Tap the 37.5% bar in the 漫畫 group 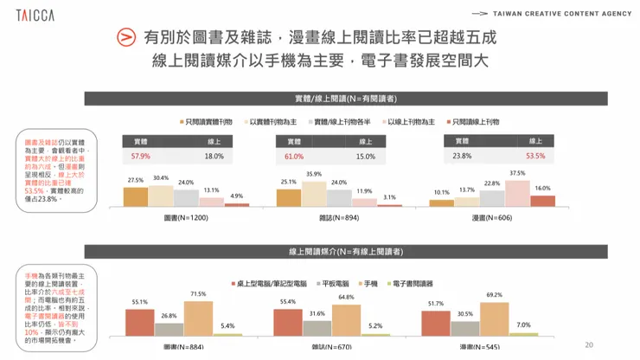tap(517, 193)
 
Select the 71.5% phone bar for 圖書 tap(198, 318)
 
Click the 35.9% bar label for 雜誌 tap(314, 174)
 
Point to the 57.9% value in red tap(141, 157)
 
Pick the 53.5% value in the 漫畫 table tap(535, 156)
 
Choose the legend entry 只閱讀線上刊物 tap(473, 122)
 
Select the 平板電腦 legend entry tap(333, 283)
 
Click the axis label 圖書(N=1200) tap(186, 218)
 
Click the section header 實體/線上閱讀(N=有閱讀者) tap(333, 99)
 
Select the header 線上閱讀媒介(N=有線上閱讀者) tap(333, 251)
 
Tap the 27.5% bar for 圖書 tap(136, 196)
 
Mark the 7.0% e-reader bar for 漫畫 tap(524, 333)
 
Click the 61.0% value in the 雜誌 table tap(294, 157)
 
